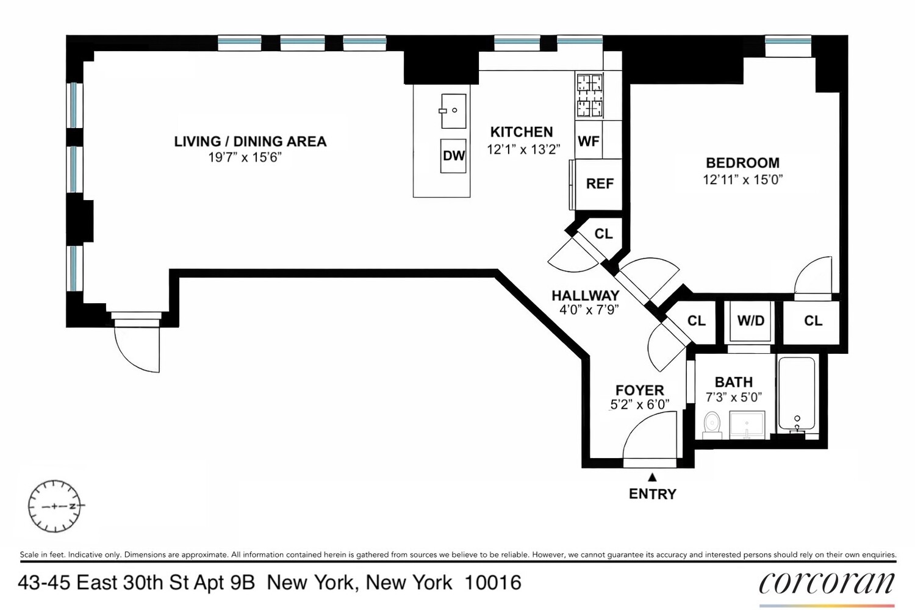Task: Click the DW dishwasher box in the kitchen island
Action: (454, 156)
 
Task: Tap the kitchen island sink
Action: (454, 111)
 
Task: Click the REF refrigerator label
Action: (600, 184)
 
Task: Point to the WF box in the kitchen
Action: (589, 141)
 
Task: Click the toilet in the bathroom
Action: (712, 425)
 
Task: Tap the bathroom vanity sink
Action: (747, 425)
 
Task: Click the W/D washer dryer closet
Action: (750, 321)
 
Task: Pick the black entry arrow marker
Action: (652, 477)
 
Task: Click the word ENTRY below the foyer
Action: (652, 494)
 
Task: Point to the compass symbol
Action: (55, 506)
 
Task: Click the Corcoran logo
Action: (827, 584)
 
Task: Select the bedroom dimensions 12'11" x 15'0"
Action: (742, 180)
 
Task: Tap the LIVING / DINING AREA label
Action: (250, 142)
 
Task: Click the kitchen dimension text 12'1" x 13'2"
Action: (523, 149)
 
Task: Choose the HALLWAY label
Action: (585, 295)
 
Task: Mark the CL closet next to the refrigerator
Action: (603, 234)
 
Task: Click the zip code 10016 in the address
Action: (493, 583)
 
